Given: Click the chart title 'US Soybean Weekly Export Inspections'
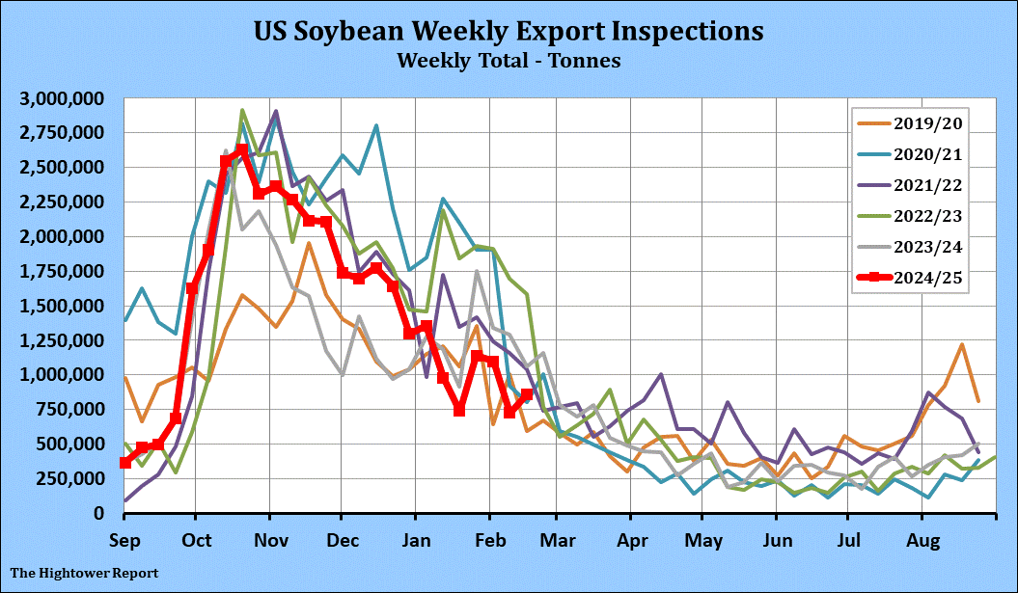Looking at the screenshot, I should pos(509,31).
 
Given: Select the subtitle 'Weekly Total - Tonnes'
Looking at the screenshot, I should pos(509,61).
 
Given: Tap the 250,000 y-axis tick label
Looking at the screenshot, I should pos(72,478).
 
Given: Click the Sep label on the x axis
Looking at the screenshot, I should pos(124,540).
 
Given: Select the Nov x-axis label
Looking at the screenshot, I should pos(269,540).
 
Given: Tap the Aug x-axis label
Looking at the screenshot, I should pos(923,540).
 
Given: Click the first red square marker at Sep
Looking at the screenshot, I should pos(125,463).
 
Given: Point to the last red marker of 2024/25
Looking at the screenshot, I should pos(526,395).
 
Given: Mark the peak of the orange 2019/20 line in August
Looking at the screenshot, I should pos(962,344).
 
